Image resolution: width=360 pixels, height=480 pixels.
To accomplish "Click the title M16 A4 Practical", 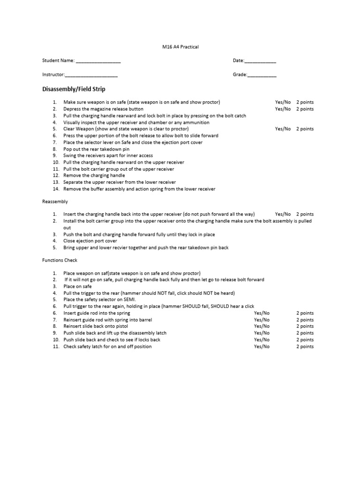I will (x=180, y=47).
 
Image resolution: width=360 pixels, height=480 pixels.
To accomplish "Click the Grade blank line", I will (x=262, y=75).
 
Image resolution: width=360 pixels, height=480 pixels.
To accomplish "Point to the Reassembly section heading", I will (x=55, y=202).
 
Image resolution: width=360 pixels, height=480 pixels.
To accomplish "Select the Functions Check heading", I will (x=60, y=260).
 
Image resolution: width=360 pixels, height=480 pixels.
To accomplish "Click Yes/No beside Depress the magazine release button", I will (x=283, y=109).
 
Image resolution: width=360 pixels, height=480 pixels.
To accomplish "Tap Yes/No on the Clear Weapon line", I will (x=283, y=129).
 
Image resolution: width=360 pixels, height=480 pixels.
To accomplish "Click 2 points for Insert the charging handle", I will (x=305, y=214).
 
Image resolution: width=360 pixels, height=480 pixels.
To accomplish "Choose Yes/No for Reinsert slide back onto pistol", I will (x=262, y=326).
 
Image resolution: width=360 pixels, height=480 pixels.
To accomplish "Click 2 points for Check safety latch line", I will (x=305, y=347).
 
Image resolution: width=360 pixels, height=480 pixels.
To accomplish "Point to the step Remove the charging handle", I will (x=94, y=176).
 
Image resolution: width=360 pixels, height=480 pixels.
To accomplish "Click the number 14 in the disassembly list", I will (x=55, y=189).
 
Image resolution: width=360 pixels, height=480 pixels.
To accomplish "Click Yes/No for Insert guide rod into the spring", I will (x=262, y=313).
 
